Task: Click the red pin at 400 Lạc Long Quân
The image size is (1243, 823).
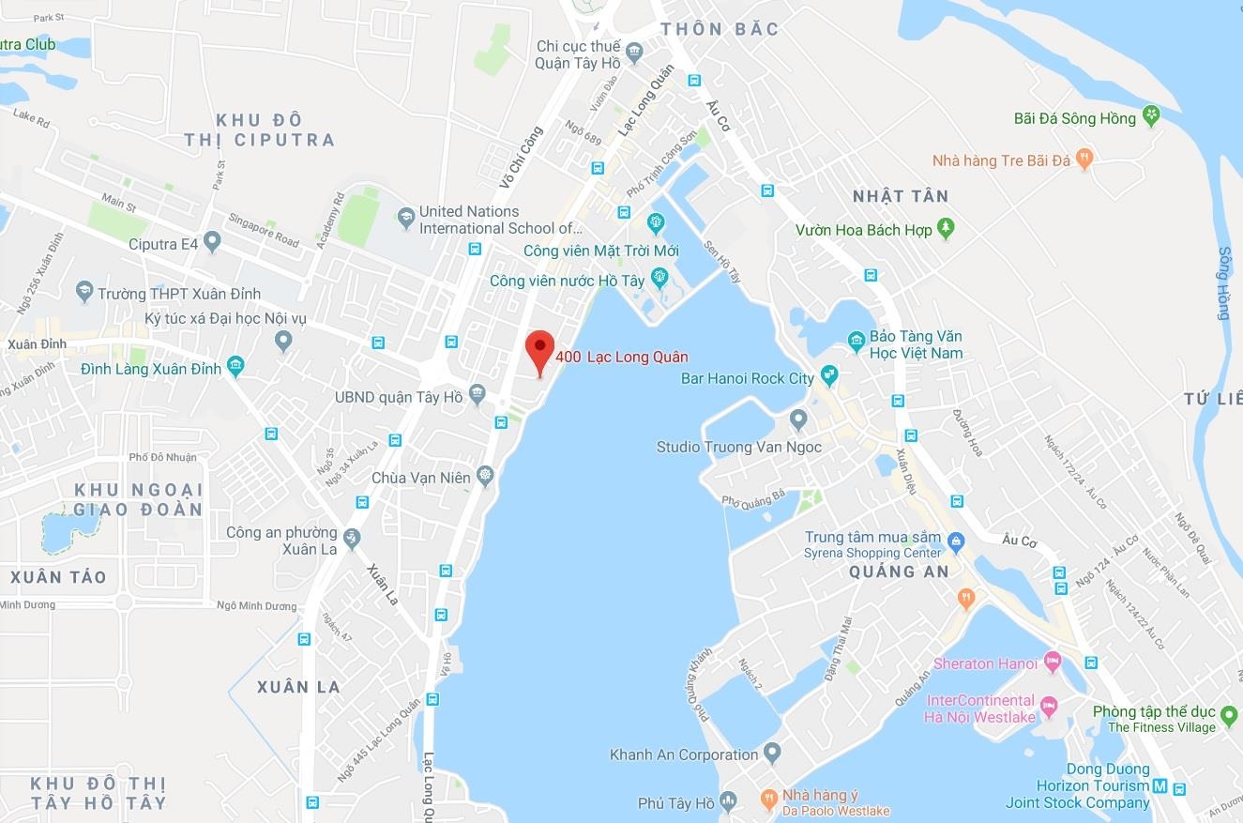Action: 538,350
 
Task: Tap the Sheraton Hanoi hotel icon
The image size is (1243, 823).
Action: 1053,663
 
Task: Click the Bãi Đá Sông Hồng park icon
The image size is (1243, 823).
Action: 1152,117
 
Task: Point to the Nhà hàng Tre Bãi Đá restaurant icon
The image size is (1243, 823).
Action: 1085,159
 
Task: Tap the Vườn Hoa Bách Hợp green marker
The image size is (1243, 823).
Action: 946,228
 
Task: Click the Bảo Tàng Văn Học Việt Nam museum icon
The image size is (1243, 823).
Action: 856,342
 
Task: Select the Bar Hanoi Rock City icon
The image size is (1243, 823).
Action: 829,377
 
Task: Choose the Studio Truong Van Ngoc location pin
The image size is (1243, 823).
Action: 798,419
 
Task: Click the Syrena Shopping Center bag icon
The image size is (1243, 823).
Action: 956,541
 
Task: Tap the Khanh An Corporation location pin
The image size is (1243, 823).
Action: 772,753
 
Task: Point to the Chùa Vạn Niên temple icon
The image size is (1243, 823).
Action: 484,476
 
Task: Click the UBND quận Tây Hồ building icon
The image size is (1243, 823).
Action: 477,393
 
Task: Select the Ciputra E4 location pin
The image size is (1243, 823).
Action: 212,243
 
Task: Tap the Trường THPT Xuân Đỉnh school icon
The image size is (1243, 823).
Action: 84,291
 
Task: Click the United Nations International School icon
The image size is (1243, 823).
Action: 405,218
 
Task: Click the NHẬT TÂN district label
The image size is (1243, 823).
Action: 900,196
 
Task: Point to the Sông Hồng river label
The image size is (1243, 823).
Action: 1224,283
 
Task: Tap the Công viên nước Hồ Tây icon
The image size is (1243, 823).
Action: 659,278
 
